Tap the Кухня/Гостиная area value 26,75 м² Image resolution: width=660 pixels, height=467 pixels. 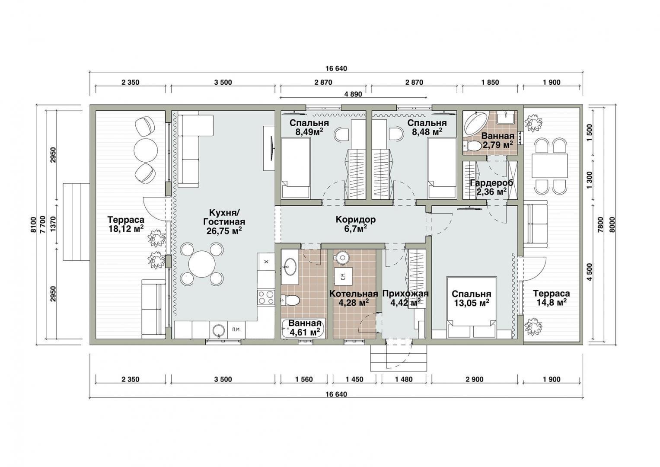[224, 230]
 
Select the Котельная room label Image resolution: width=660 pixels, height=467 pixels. [354, 294]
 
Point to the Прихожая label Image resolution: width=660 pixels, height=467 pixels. [405, 294]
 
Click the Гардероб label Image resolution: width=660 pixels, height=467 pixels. [491, 183]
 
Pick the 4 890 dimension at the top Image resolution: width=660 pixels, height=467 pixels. [353, 94]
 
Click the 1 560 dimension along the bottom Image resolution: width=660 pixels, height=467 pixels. [304, 380]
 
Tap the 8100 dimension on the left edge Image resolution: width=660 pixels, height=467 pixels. [33, 225]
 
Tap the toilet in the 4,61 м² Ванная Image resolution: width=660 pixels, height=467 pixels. [290, 301]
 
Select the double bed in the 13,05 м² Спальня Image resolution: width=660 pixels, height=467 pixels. [472, 307]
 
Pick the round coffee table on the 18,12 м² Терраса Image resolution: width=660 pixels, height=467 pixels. [145, 150]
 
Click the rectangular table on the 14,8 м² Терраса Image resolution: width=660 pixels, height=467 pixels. [550, 165]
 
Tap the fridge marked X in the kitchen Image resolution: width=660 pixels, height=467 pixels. [266, 262]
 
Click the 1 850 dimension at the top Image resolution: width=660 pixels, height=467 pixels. [490, 82]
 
